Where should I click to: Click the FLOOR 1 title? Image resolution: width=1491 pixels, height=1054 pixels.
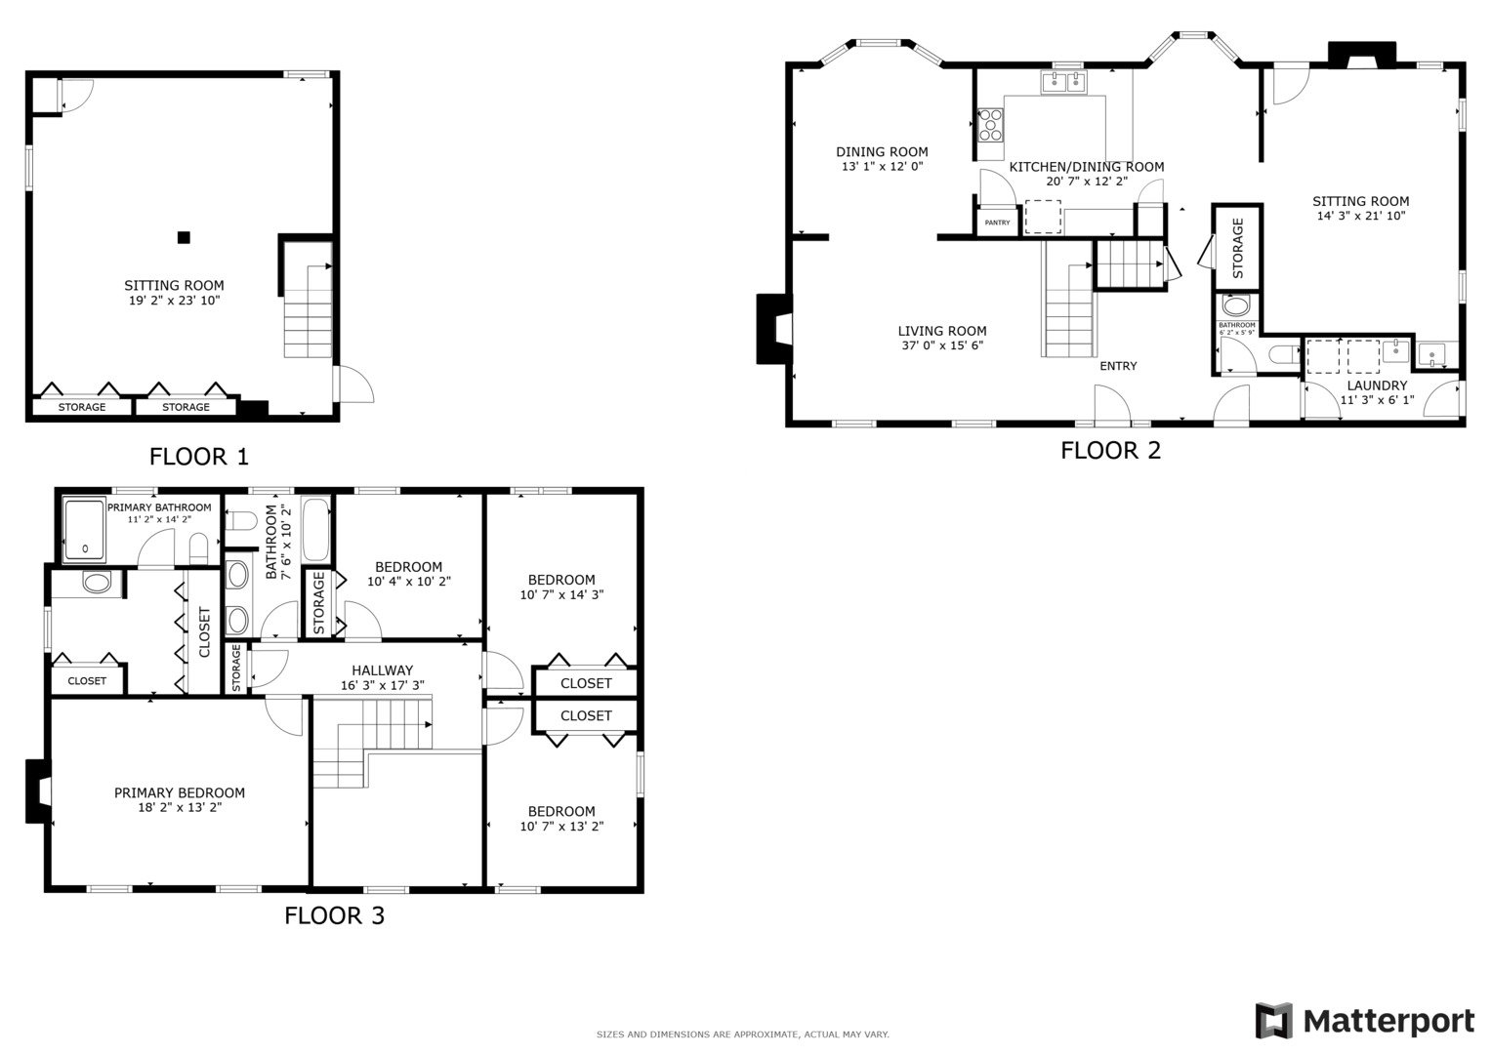199,457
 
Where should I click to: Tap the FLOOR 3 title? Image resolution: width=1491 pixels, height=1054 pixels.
334,915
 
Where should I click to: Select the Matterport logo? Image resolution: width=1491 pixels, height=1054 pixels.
1364,1021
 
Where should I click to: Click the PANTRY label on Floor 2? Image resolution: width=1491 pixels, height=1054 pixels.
997,223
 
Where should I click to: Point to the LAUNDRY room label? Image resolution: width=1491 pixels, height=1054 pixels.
1377,385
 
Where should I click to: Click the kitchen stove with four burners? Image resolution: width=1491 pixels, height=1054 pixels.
990,125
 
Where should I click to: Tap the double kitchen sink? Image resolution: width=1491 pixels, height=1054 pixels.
1063,82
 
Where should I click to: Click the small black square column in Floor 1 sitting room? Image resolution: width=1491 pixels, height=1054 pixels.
184,237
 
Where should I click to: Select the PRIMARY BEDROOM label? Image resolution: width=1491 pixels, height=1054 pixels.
180,792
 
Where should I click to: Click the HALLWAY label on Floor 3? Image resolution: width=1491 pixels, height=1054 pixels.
382,670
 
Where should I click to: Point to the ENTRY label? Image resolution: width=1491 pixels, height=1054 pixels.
1118,366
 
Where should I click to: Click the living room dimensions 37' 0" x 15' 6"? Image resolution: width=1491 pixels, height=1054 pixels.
942,345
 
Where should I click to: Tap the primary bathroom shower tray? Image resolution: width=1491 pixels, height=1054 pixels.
85,530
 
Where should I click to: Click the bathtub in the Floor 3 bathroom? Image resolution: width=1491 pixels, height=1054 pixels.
316,530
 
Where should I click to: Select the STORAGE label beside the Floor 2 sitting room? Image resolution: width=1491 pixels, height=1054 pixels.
1238,248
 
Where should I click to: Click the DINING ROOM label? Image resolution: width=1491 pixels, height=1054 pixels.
882,151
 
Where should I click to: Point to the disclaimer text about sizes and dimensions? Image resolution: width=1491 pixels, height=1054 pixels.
743,1034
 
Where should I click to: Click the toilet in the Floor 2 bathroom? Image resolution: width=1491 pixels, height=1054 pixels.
1284,354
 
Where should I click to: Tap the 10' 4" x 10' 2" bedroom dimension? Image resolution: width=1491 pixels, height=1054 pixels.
409,581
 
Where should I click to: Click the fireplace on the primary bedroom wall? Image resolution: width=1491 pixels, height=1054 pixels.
38,791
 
